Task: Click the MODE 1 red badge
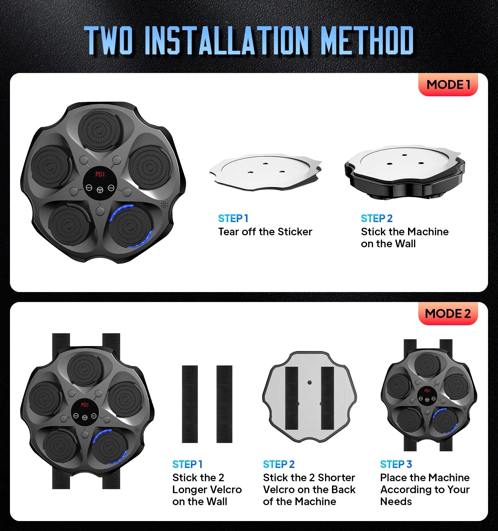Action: (x=448, y=85)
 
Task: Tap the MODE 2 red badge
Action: (x=448, y=314)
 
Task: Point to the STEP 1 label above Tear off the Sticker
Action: (x=233, y=218)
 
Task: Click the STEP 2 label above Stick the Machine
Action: (x=376, y=218)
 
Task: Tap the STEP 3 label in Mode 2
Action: (x=396, y=464)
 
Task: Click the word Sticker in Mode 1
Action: (x=295, y=232)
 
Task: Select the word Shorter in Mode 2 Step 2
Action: (x=336, y=478)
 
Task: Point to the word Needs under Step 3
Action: (x=396, y=501)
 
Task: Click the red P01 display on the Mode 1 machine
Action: (x=100, y=174)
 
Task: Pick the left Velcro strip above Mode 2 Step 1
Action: (x=190, y=404)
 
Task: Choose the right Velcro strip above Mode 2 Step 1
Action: (x=224, y=404)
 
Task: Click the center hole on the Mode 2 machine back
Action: (x=309, y=383)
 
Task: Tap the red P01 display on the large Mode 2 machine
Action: (x=85, y=405)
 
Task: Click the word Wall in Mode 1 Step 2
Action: (x=406, y=244)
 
